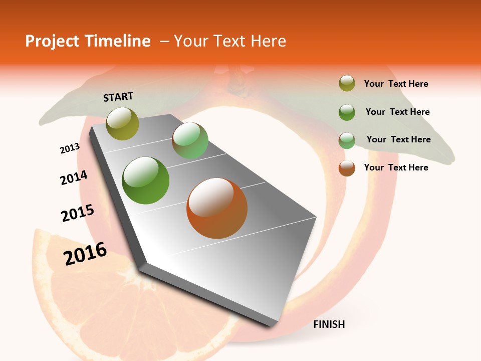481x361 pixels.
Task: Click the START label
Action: (118, 97)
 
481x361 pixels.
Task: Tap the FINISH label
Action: (329, 324)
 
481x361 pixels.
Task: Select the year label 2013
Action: (70, 148)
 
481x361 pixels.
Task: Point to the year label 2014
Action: (74, 178)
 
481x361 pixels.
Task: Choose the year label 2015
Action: (78, 213)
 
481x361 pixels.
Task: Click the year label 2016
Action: (85, 253)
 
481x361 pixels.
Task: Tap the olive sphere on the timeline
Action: (123, 123)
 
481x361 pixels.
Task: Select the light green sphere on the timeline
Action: (190, 140)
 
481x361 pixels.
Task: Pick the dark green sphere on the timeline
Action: (146, 180)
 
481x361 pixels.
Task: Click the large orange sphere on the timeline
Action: (217, 208)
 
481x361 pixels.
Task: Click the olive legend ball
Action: (347, 84)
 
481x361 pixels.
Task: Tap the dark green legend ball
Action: (347, 112)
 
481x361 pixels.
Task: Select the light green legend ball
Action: (347, 140)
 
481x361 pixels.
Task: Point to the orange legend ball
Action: (347, 168)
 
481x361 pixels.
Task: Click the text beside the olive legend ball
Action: (396, 84)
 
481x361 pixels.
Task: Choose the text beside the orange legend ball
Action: (396, 167)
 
